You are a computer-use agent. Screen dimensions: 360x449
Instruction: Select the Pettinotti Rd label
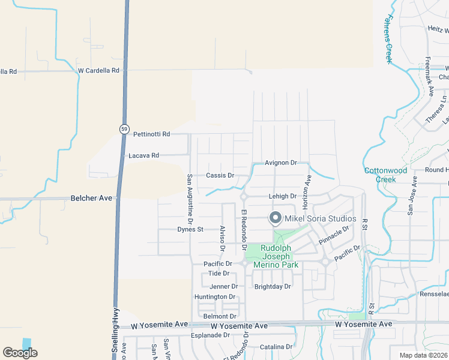click(151, 134)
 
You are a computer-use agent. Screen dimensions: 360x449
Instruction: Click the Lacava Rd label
click(143, 155)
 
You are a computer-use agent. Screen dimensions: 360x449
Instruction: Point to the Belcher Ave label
click(92, 197)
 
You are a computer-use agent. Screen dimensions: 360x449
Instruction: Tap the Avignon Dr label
click(281, 163)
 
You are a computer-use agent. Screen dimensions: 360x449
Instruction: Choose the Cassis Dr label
click(219, 176)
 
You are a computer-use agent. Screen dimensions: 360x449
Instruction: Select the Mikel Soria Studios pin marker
click(276, 218)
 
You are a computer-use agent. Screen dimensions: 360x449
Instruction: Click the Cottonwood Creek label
click(385, 175)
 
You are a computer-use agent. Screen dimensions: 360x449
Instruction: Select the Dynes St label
click(190, 229)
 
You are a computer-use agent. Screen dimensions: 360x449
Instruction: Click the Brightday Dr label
click(273, 287)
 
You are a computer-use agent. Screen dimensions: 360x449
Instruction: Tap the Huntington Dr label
click(215, 297)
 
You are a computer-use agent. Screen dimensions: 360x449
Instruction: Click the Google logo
click(20, 353)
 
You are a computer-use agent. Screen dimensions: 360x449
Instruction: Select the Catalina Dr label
click(276, 347)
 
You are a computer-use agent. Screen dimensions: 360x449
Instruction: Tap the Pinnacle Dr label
click(334, 235)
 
